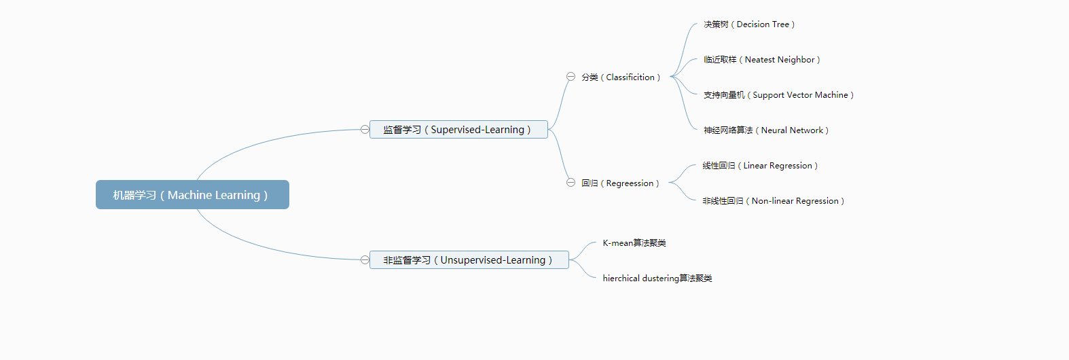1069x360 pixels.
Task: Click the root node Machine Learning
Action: [x=192, y=195]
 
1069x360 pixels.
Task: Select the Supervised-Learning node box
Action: [x=458, y=130]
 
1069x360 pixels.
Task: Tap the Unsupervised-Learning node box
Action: [x=469, y=260]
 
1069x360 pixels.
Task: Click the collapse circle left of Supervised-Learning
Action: [x=365, y=130]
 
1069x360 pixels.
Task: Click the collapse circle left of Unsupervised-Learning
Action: [x=365, y=259]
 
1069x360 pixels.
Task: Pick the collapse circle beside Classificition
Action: [x=570, y=77]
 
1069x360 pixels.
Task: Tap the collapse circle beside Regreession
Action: [x=570, y=183]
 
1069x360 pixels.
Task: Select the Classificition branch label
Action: [x=621, y=77]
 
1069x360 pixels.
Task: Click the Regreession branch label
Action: [x=620, y=183]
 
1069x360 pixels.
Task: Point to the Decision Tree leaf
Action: [x=749, y=24]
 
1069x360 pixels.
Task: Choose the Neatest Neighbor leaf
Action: [x=762, y=60]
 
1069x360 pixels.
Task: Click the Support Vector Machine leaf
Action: [x=778, y=95]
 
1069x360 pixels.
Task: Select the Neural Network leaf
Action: [x=766, y=130]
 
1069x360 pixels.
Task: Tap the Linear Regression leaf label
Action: [x=760, y=166]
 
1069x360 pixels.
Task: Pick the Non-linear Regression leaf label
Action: [x=774, y=201]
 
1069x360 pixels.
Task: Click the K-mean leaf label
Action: [x=634, y=243]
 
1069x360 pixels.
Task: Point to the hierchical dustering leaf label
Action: [x=657, y=278]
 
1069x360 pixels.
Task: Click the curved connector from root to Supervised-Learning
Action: [x=272, y=139]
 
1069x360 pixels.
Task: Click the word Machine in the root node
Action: [x=189, y=196]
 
